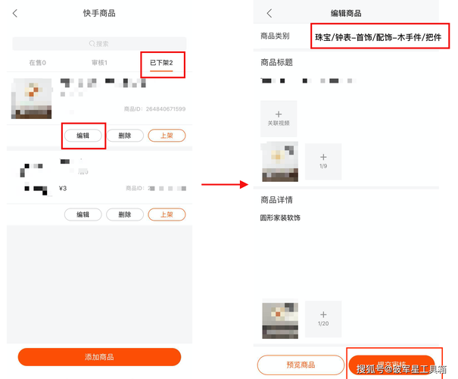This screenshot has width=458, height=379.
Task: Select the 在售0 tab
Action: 38,62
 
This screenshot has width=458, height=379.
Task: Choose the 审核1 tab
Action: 99,62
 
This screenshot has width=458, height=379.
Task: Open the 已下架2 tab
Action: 161,62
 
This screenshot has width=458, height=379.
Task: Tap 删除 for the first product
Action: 125,136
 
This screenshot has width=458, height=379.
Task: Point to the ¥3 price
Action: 63,188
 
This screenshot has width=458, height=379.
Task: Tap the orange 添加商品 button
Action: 99,357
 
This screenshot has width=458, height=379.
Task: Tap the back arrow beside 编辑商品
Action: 270,14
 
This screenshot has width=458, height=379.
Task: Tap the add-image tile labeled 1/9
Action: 322,160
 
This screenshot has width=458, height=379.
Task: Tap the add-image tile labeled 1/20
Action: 322,319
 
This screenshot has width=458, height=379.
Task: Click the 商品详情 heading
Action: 276,199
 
